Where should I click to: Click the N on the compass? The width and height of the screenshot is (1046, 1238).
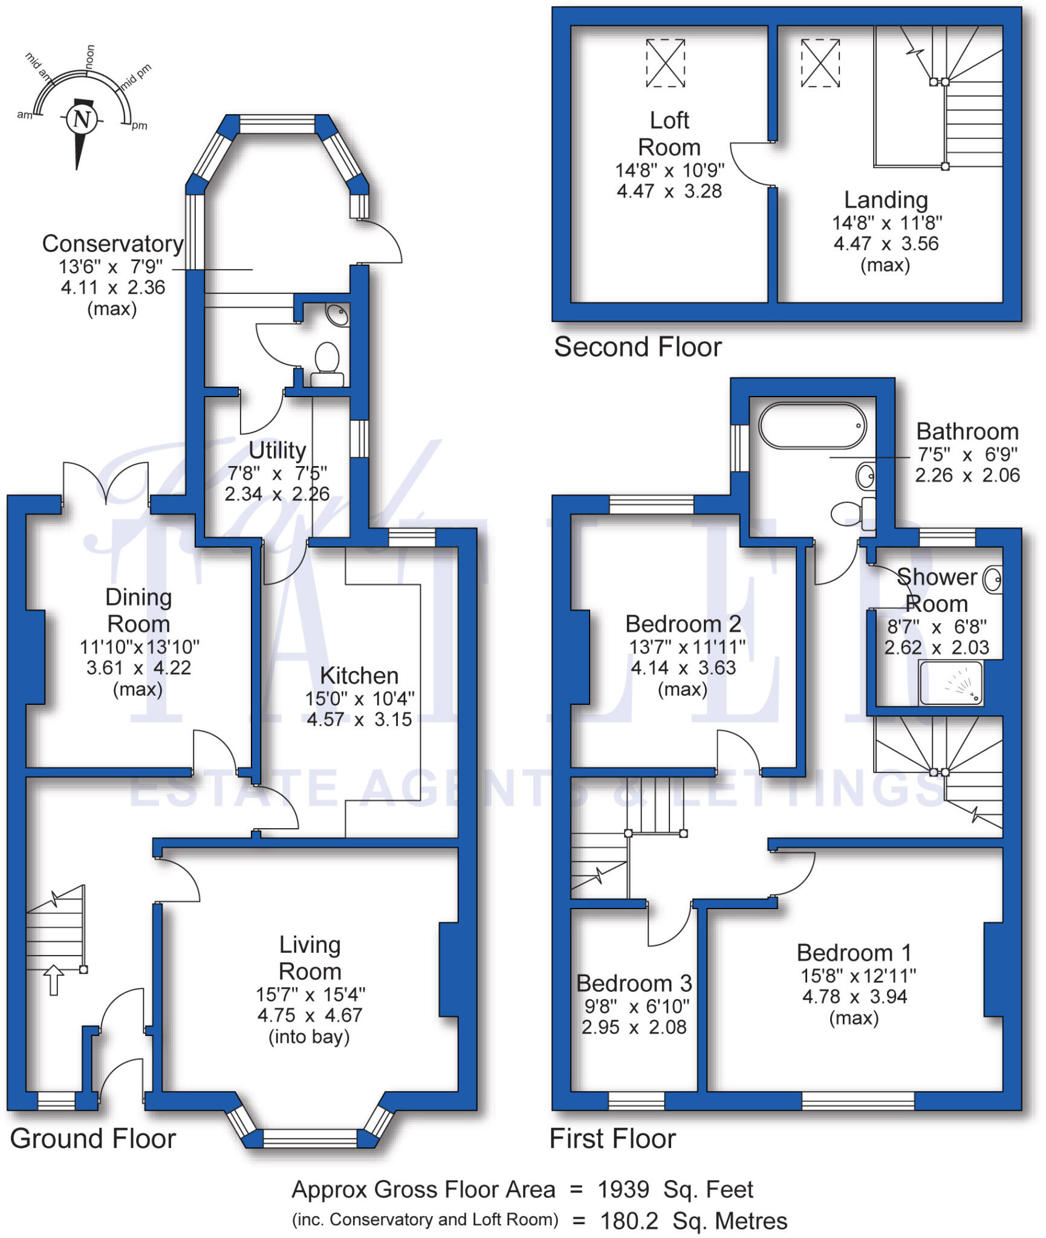[x=82, y=118]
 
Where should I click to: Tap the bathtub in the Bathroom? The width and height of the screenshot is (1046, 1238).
[x=812, y=426]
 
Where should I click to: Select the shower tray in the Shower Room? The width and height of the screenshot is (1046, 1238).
[x=950, y=683]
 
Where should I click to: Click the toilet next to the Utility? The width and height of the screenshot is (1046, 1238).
[x=327, y=361]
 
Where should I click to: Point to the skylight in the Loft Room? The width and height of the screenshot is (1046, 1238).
[x=665, y=63]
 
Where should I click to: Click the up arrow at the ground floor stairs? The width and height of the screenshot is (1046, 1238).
[x=54, y=980]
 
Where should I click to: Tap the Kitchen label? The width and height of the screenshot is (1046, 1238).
[x=359, y=675]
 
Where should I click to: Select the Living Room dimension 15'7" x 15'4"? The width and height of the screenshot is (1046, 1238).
[x=310, y=994]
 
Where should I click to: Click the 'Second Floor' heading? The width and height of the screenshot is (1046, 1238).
[x=638, y=348]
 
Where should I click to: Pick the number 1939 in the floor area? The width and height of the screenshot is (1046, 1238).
[x=623, y=1190]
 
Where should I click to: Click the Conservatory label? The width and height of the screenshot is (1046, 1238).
[x=112, y=244]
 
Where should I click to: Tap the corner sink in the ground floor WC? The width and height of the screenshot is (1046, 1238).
[x=337, y=314]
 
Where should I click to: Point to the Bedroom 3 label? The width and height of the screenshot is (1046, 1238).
[x=634, y=984]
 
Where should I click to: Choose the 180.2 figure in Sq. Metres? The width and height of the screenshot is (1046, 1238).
[x=629, y=1221]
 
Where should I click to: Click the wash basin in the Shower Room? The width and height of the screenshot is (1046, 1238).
[x=992, y=579]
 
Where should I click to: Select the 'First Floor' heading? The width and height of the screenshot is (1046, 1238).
[x=612, y=1139]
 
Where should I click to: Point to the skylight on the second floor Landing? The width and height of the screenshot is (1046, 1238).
[x=820, y=63]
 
